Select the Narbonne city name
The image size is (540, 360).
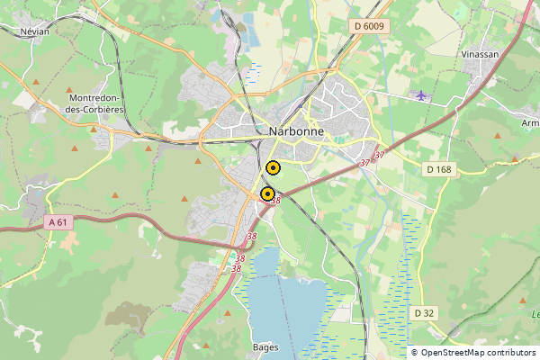[297, 130]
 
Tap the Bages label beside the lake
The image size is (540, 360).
[265, 347]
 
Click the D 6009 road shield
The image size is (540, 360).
[369, 26]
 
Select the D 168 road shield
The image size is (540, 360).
[439, 169]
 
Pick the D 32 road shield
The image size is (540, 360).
[424, 312]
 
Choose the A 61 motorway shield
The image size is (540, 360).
[58, 221]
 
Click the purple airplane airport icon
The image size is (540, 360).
[420, 94]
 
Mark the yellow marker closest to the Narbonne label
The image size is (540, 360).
[274, 166]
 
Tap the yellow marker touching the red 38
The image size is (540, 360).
[267, 193]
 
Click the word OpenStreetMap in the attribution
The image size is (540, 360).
[454, 353]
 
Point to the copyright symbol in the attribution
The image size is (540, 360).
[415, 353]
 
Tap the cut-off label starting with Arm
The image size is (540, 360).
[530, 122]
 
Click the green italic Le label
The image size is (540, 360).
[535, 314]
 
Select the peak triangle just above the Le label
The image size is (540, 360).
[523, 300]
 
